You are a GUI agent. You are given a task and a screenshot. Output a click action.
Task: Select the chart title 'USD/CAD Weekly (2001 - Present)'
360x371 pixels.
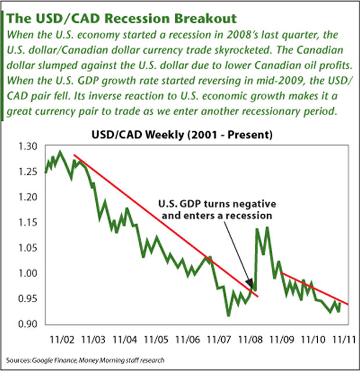tap(180, 135)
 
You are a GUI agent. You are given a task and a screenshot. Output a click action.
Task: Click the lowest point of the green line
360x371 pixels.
tap(228, 315)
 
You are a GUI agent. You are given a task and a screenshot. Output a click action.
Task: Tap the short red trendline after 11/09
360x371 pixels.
tap(314, 288)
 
